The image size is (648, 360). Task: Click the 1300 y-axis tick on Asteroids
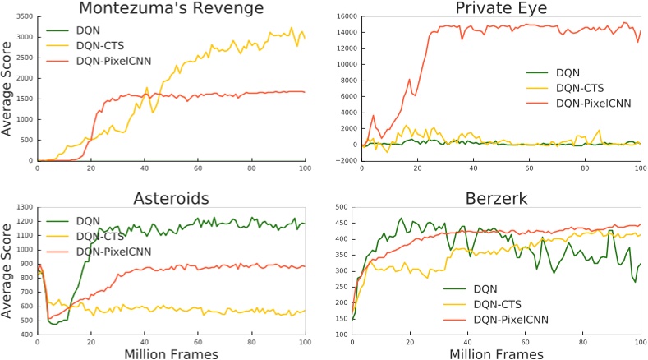coord(21,206)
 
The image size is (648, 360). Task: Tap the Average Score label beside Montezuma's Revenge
coord(7,88)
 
